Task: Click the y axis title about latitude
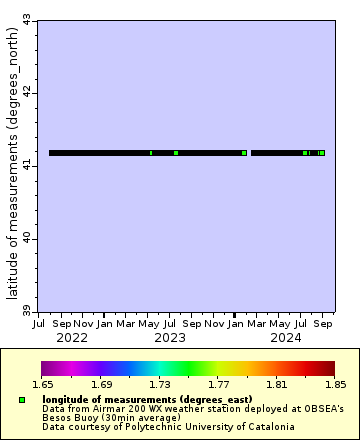pyautogui.click(x=11, y=165)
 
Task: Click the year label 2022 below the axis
pyautogui.click(x=72, y=338)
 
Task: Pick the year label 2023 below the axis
pyautogui.click(x=170, y=338)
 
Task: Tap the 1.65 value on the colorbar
pyautogui.click(x=42, y=383)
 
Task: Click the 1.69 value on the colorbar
pyautogui.click(x=101, y=383)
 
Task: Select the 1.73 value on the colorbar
pyautogui.click(x=159, y=383)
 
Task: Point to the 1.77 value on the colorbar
pyautogui.click(x=218, y=383)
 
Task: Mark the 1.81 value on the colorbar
pyautogui.click(x=276, y=383)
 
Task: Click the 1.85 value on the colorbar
pyautogui.click(x=334, y=383)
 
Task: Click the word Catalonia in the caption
pyautogui.click(x=270, y=427)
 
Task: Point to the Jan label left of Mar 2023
pyautogui.click(x=104, y=324)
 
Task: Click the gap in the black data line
pyautogui.click(x=249, y=153)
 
